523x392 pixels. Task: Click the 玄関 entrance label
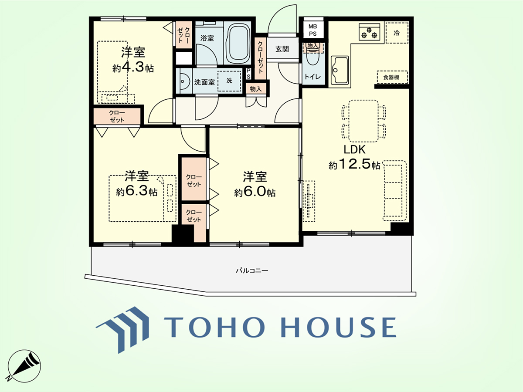click(x=282, y=49)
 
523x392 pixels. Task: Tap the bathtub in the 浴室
click(x=239, y=43)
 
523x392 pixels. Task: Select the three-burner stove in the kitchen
click(x=369, y=32)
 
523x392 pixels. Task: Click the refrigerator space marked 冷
click(x=397, y=33)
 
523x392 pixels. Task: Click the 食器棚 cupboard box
click(x=392, y=77)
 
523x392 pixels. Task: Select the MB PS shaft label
click(x=312, y=30)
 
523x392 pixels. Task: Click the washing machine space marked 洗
click(x=229, y=81)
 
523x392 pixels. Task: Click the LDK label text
click(x=354, y=149)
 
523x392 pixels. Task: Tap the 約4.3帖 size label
click(x=133, y=68)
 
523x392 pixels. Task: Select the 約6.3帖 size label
click(x=137, y=191)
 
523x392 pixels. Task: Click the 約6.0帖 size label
click(x=255, y=193)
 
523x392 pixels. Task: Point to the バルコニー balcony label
click(x=252, y=270)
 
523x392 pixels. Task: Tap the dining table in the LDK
click(x=363, y=121)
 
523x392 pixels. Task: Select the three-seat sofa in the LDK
click(x=394, y=190)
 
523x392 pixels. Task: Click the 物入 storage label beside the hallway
click(x=256, y=89)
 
